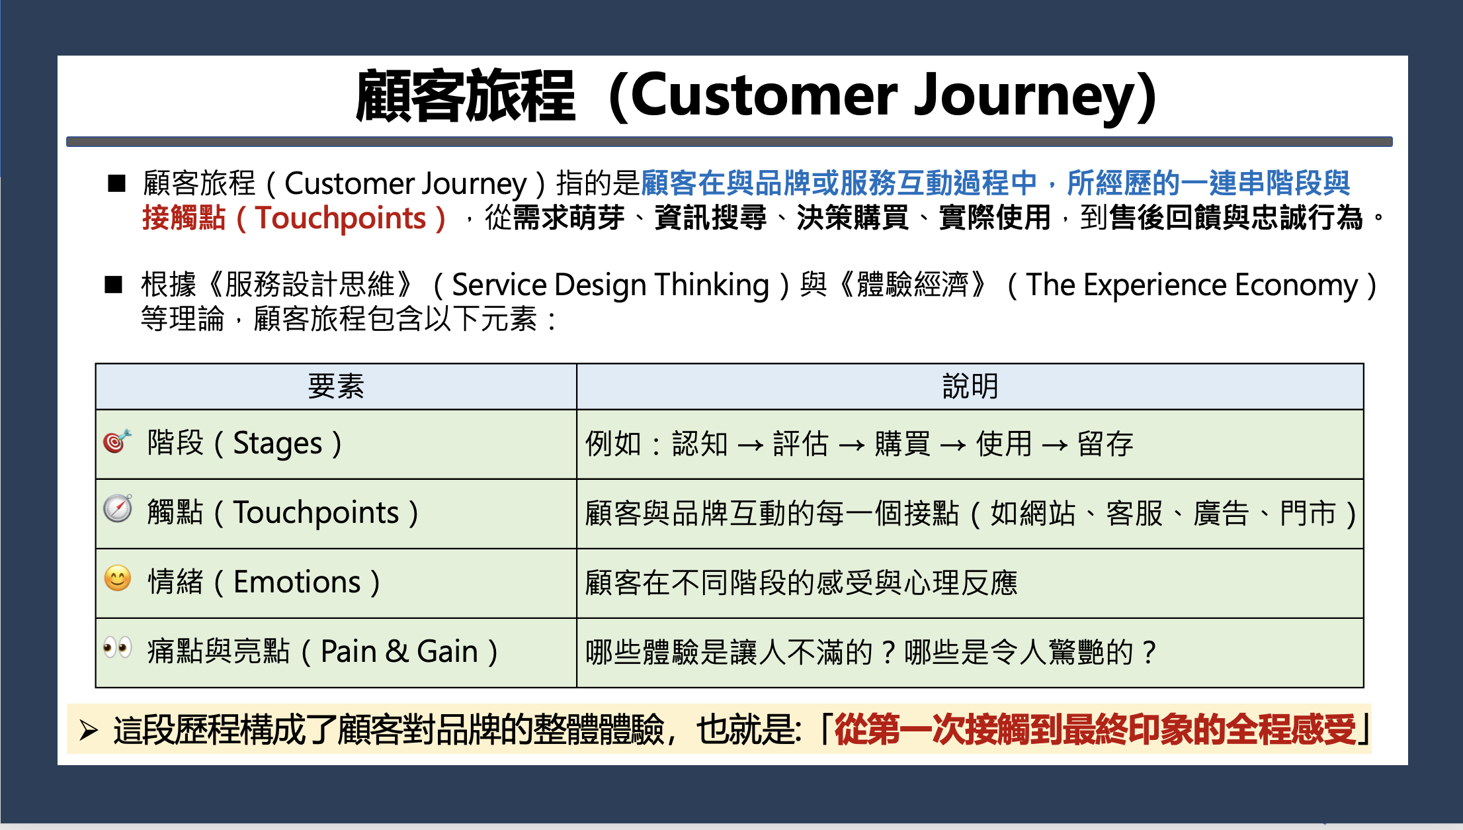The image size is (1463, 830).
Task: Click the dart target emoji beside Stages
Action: (118, 441)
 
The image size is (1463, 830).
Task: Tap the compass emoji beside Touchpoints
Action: (118, 508)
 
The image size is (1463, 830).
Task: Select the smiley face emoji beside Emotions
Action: (118, 578)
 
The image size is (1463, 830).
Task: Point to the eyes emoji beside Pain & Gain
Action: (118, 647)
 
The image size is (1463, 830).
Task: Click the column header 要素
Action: (336, 387)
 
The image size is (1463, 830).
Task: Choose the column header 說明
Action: (970, 387)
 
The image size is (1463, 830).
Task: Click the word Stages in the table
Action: (278, 443)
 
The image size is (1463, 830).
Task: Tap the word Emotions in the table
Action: (297, 582)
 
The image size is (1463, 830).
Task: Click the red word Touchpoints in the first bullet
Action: (341, 218)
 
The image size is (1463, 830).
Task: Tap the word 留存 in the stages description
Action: (1105, 443)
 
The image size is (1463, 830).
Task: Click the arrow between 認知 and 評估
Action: (750, 445)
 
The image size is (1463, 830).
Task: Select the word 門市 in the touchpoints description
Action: (1308, 513)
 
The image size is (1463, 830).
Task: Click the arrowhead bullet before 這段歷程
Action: (89, 731)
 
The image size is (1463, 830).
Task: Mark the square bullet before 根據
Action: (114, 285)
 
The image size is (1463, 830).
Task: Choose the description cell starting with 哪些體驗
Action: (970, 653)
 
